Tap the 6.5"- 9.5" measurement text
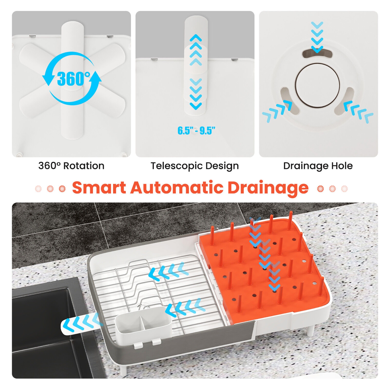[196, 131]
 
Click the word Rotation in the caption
[84, 166]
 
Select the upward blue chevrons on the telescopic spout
[196, 50]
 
